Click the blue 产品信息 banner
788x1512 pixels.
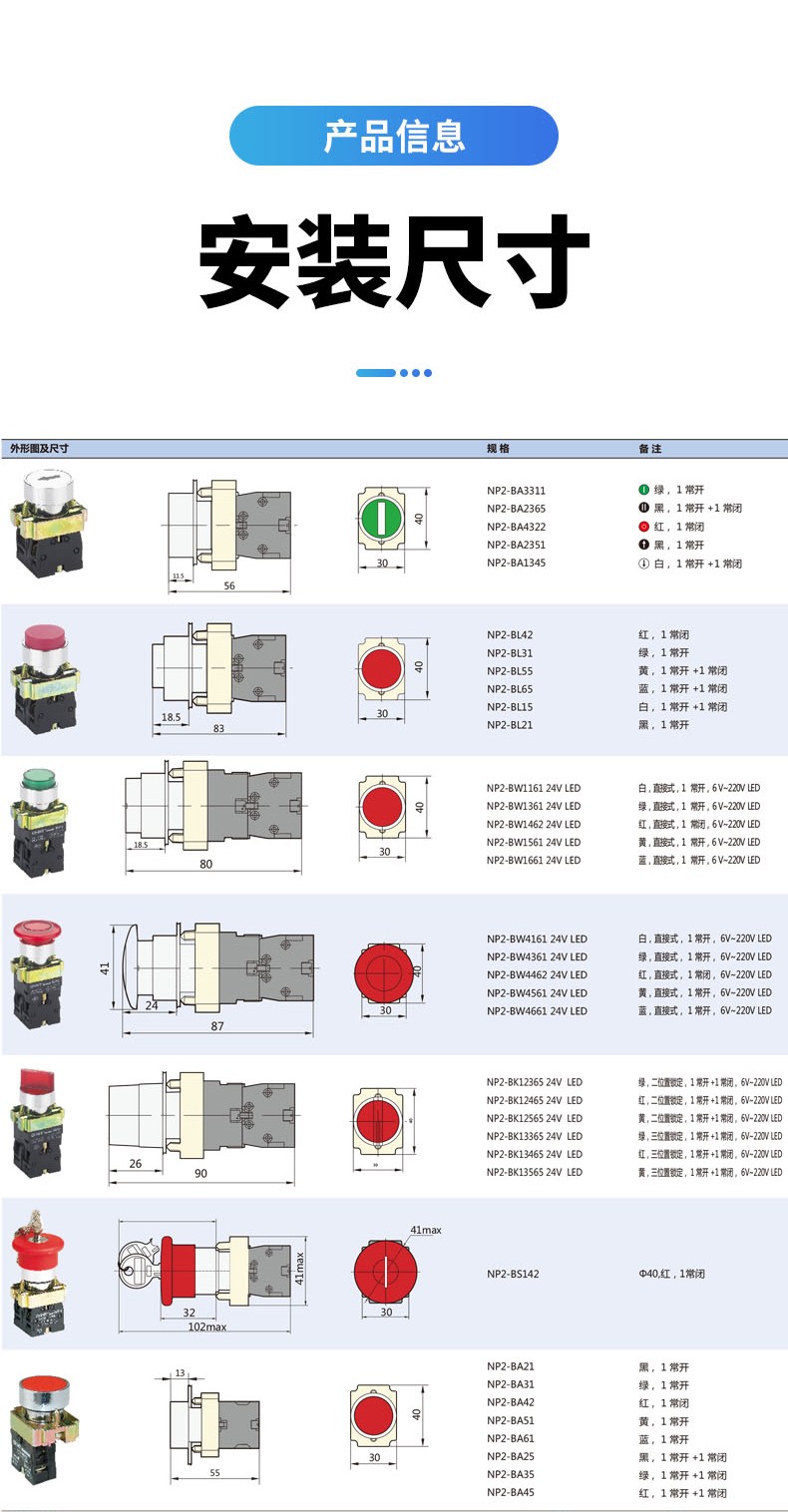393,136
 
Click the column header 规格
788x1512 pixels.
497,449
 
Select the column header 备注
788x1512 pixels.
649,449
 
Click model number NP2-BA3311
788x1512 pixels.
516,491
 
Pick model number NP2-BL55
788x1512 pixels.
510,671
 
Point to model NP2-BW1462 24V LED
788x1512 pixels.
533,825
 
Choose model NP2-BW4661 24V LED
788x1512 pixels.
537,1011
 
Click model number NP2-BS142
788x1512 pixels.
513,1274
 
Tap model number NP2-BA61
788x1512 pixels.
510,1439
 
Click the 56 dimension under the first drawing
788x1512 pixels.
229,585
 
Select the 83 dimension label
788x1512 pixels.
218,728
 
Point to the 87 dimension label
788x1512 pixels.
217,1026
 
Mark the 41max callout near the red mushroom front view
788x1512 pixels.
425,1230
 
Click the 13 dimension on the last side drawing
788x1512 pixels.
181,1373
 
